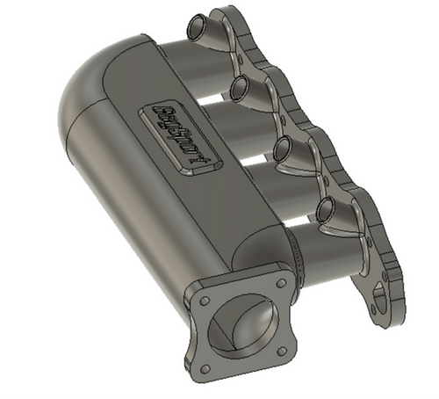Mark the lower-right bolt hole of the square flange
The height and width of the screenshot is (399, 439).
point(285,349)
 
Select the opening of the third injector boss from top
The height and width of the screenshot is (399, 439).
point(283,149)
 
